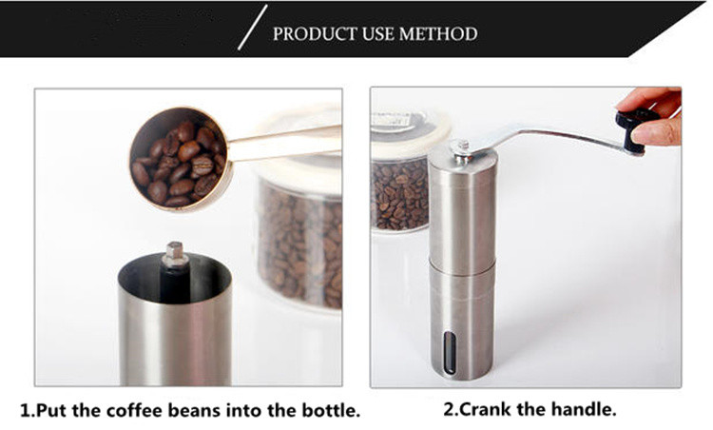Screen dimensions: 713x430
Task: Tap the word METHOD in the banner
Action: click(x=438, y=34)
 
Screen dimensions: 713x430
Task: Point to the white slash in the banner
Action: click(x=252, y=28)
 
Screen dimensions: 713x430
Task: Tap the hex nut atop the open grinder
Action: click(x=175, y=255)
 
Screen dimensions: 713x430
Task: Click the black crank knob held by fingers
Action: click(x=634, y=128)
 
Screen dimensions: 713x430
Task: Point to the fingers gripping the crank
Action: click(x=655, y=116)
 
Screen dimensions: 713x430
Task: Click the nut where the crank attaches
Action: click(x=463, y=151)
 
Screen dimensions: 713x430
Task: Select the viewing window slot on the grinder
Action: click(x=450, y=353)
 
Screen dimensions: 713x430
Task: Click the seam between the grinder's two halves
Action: click(x=462, y=267)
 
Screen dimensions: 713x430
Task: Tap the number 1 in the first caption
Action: click(x=26, y=410)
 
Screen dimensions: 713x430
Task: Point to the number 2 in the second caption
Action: click(x=449, y=409)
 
